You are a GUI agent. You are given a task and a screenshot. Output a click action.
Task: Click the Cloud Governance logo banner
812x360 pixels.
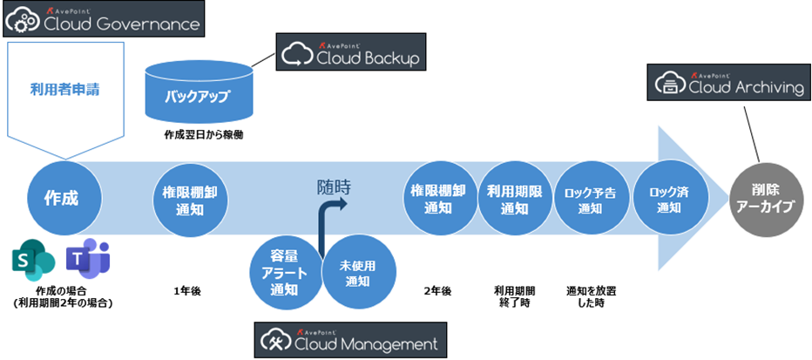(104, 19)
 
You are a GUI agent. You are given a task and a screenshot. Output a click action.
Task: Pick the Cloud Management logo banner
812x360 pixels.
(349, 339)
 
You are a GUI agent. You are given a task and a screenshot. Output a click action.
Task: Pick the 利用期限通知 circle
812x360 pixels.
(514, 199)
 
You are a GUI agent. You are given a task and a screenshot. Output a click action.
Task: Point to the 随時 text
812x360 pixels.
(335, 185)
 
